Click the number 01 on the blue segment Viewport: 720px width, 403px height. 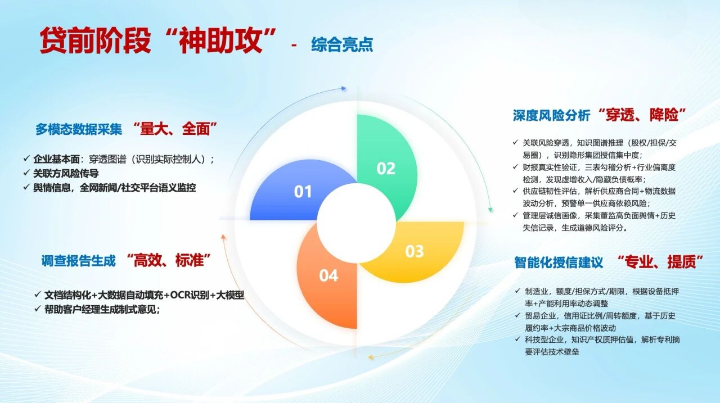coord(303,192)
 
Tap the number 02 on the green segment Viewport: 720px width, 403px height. coord(386,168)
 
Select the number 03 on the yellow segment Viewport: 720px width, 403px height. coord(415,251)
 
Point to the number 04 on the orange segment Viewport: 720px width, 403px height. coord(328,275)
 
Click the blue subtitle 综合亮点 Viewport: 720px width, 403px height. coord(342,44)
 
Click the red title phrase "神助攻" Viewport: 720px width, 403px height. coord(220,40)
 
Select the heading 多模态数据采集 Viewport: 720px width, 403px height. coord(79,129)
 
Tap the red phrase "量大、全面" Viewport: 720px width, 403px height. coord(175,129)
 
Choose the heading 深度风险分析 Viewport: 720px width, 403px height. coord(552,116)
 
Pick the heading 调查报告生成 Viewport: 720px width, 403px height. coord(78,261)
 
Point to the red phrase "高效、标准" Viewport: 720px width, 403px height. coord(169,260)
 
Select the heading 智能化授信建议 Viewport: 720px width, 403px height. coord(559,262)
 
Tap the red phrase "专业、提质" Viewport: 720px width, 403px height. coord(661,262)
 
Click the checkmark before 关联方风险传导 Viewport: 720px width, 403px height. coord(26,173)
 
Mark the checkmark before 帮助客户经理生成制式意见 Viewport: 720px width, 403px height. coord(38,309)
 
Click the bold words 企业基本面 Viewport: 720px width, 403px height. coord(57,159)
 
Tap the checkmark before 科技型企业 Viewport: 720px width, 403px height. coord(517,339)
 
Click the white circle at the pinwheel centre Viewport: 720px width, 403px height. coord(356,224)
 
